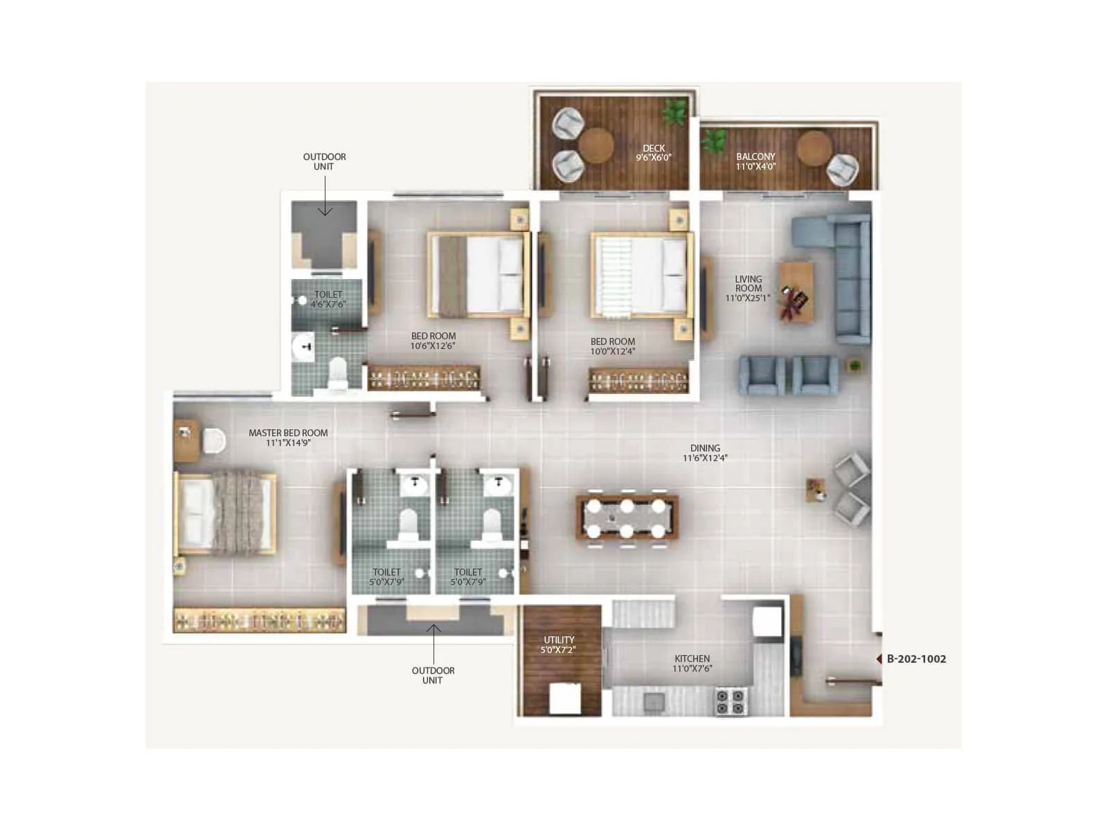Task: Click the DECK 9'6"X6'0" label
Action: tap(653, 153)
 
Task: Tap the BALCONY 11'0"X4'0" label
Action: tap(756, 161)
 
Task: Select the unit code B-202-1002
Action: tap(915, 659)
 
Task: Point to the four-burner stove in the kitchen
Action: tap(730, 701)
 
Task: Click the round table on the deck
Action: tap(596, 145)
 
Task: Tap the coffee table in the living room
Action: tap(796, 292)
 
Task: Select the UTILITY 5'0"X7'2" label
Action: tap(558, 645)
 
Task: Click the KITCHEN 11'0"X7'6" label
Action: tap(692, 663)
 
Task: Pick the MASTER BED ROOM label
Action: tap(288, 438)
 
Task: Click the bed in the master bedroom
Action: tap(225, 513)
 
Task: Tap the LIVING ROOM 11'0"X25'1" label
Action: tap(748, 289)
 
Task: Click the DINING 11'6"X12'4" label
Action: tap(705, 453)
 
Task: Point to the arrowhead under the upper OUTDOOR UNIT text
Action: tap(325, 211)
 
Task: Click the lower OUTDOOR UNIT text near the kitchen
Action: tap(433, 675)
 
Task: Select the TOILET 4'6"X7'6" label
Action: tap(328, 299)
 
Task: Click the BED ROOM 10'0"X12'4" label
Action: tap(612, 346)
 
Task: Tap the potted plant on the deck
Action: tap(674, 111)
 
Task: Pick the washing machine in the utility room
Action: tap(564, 698)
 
